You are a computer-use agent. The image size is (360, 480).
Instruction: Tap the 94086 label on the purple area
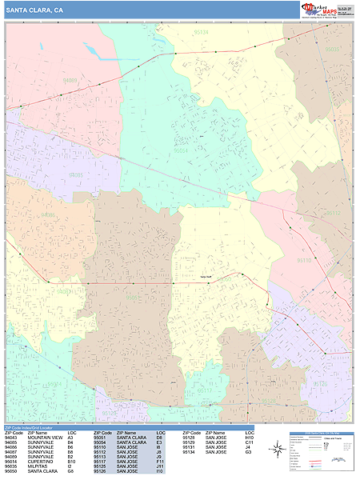coord(76,174)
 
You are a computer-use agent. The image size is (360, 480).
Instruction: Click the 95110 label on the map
coord(305,260)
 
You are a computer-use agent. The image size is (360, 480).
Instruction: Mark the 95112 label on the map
coord(333,214)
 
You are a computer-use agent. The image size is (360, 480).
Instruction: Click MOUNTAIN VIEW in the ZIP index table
coord(45,438)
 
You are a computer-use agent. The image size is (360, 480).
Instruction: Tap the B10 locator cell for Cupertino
coord(71,462)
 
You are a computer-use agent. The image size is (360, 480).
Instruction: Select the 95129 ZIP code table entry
coord(190,442)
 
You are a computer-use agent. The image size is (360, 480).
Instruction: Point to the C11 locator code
coord(249,442)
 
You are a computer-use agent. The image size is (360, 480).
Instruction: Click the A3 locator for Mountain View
coord(70,438)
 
